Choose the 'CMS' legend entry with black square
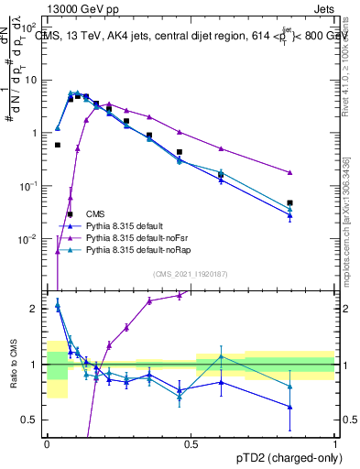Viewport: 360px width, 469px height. (x=108, y=214)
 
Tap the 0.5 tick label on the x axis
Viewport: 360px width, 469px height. (x=191, y=444)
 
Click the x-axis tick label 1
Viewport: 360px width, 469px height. (x=336, y=444)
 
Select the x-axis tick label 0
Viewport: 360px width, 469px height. (x=47, y=444)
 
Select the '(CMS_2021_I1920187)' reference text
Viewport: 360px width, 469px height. (x=191, y=274)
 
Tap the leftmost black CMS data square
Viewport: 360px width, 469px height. (x=58, y=145)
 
